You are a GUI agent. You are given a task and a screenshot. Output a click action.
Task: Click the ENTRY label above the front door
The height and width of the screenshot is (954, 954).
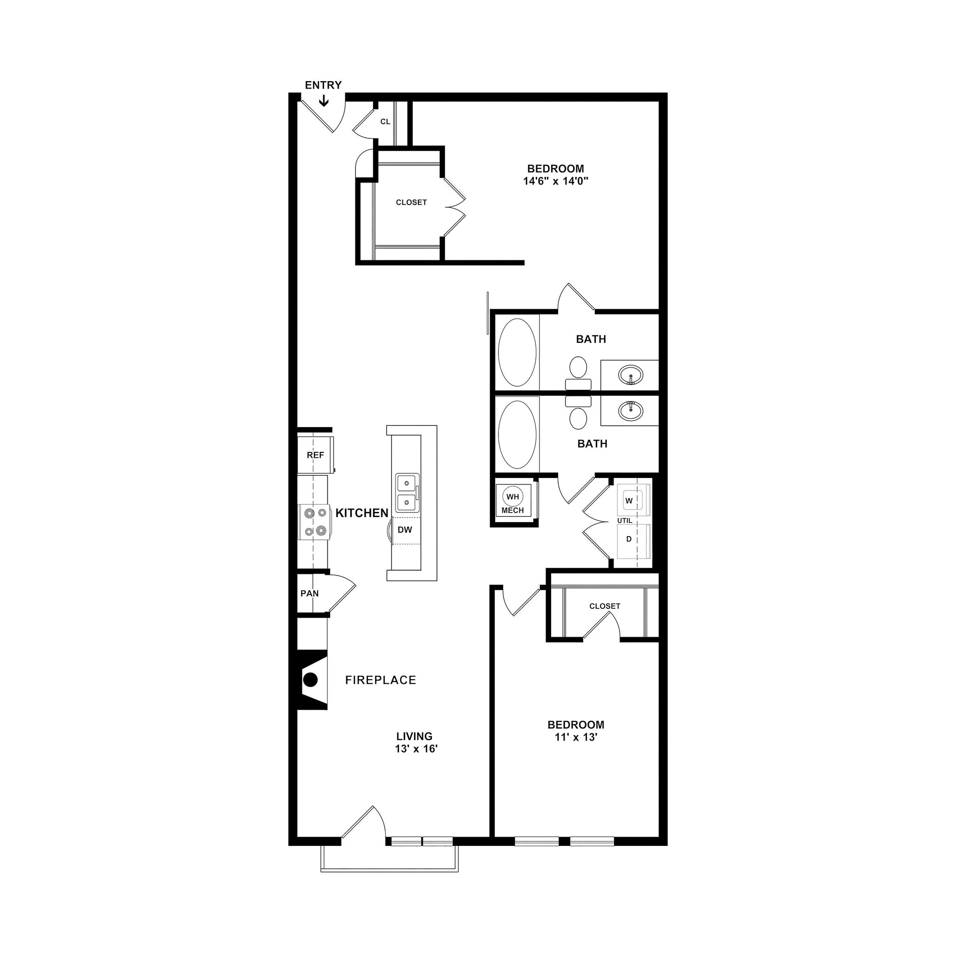[x=323, y=85]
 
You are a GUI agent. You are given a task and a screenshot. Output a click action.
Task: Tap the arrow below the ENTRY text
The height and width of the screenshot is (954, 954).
[x=323, y=101]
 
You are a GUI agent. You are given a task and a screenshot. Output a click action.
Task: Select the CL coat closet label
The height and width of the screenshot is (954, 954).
[x=385, y=122]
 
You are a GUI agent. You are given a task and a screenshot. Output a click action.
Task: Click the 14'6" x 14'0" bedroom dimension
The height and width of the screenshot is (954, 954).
[x=556, y=181]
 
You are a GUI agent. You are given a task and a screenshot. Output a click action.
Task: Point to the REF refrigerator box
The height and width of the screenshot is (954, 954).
[x=315, y=455]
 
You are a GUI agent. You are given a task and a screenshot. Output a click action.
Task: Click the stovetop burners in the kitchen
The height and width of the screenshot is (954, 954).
[x=315, y=522]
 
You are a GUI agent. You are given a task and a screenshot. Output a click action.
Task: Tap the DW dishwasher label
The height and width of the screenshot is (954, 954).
[x=404, y=530]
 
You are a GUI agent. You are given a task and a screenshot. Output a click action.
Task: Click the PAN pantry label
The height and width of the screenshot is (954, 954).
[x=310, y=593]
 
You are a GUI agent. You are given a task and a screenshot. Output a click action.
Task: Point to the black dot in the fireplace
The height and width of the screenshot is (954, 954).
[x=310, y=680]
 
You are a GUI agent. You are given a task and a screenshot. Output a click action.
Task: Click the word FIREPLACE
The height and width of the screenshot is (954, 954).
[x=380, y=680]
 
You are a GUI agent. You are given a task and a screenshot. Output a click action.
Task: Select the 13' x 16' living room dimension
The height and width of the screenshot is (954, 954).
[x=416, y=749]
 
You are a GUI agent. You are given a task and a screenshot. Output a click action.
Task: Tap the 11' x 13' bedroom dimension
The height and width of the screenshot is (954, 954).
[x=575, y=737]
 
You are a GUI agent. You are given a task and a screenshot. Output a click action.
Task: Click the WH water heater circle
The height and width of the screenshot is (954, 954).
[x=512, y=496]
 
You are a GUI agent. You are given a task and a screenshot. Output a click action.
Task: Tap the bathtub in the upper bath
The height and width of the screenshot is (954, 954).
[x=517, y=352]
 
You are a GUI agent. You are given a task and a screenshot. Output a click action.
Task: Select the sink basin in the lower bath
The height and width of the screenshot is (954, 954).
[x=630, y=410]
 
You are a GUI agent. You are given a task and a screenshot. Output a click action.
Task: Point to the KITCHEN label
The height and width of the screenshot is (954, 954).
[x=362, y=513]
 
